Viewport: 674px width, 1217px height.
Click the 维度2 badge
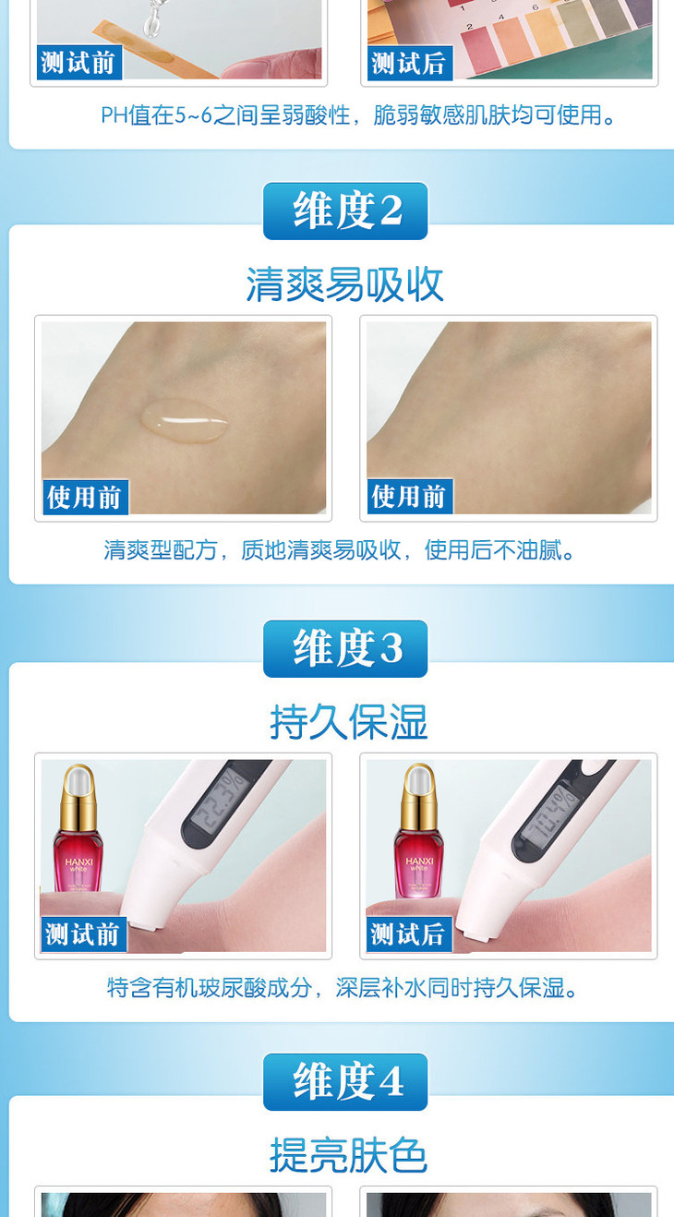[345, 211]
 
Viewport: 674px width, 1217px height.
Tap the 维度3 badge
[345, 649]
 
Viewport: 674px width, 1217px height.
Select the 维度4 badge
[345, 1081]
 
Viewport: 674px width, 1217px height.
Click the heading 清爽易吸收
[345, 284]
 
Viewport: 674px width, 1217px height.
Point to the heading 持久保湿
[349, 722]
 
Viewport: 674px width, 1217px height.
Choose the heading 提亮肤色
[348, 1155]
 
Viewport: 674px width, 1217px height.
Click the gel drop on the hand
[185, 420]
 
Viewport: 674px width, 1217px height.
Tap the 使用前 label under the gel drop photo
[85, 497]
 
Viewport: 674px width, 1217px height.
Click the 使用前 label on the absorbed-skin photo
[410, 496]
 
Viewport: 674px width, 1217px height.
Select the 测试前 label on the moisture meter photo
[84, 934]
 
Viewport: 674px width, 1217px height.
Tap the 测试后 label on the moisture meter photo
[409, 934]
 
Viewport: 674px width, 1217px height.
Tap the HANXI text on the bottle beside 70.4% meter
[419, 861]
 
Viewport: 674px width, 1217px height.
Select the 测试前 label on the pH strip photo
[79, 63]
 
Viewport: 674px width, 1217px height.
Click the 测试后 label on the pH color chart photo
[410, 63]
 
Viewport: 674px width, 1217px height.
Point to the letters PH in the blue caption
[114, 115]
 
